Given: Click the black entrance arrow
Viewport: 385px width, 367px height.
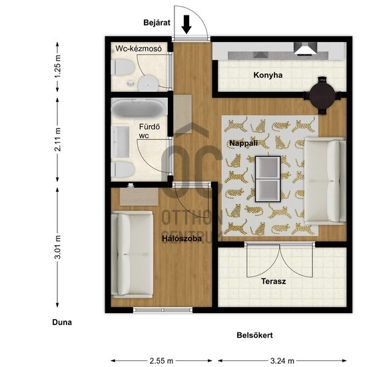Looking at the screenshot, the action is pyautogui.click(x=187, y=24).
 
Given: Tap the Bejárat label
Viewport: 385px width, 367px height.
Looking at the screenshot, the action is pyautogui.click(x=157, y=23).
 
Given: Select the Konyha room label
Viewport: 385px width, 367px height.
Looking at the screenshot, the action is pyautogui.click(x=268, y=75).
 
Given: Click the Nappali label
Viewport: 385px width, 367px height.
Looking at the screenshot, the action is pyautogui.click(x=243, y=143).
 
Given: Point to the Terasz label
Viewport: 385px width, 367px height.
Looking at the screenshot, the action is pyautogui.click(x=274, y=281).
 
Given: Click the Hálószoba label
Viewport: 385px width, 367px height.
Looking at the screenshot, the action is pyautogui.click(x=182, y=238).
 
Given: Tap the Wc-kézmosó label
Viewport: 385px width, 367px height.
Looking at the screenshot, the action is pyautogui.click(x=139, y=49).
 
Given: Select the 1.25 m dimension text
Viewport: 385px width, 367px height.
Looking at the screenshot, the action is pyautogui.click(x=58, y=67).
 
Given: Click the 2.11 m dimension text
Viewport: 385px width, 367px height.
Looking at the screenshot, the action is pyautogui.click(x=58, y=139).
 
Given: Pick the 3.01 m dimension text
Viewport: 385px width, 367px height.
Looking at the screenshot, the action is pyautogui.click(x=58, y=248).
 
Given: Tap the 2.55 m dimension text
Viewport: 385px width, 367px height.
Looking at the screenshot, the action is pyautogui.click(x=162, y=361).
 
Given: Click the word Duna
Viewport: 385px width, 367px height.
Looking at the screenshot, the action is pyautogui.click(x=62, y=322).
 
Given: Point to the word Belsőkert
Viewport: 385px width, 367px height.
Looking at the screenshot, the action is pyautogui.click(x=254, y=335).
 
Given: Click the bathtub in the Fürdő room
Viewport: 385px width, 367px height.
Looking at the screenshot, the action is pyautogui.click(x=139, y=109).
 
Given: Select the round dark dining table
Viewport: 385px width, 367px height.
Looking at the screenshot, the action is pyautogui.click(x=322, y=95).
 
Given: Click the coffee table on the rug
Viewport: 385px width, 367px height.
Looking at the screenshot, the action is pyautogui.click(x=268, y=179).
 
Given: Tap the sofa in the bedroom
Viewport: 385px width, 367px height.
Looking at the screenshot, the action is pyautogui.click(x=132, y=254).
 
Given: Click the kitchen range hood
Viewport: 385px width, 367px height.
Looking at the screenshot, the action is pyautogui.click(x=306, y=49).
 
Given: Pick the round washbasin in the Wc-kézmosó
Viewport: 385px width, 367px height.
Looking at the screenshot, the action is pyautogui.click(x=149, y=83).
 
